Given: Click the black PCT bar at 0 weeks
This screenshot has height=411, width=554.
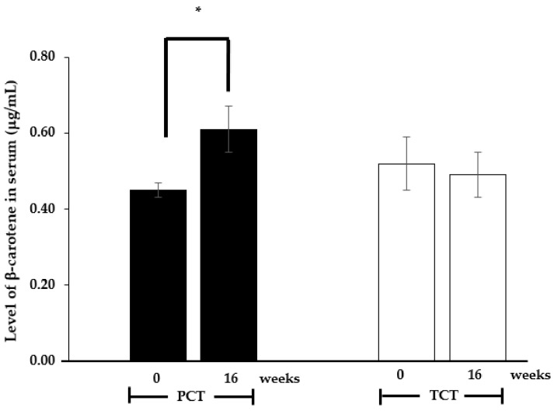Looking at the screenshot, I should (158, 275).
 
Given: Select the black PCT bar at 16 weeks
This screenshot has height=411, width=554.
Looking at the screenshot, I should (228, 245).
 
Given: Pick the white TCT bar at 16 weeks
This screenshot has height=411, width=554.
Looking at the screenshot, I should (477, 267).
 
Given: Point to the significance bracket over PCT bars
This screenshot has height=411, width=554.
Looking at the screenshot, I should (197, 39).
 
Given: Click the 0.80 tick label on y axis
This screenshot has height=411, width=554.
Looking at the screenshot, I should (43, 57).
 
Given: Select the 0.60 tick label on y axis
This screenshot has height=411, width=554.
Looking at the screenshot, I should (43, 134).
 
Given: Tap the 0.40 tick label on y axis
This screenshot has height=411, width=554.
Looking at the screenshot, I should (43, 209).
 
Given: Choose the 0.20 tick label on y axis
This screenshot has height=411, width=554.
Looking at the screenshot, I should (43, 285).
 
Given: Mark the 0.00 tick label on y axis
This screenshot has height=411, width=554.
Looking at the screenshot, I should (43, 361).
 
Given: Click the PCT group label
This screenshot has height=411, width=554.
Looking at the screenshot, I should (190, 397).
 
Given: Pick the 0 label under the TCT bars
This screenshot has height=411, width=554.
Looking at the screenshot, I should (399, 374).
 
